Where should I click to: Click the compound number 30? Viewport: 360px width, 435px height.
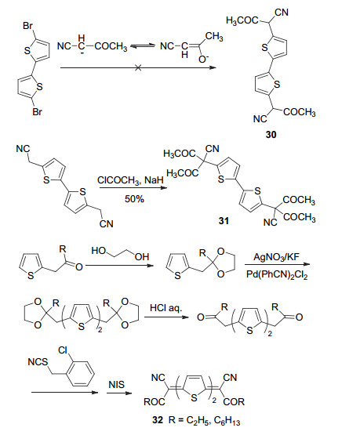click(x=271, y=135)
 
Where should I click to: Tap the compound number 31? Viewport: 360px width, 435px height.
click(x=224, y=221)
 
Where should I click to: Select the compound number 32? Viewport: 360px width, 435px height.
click(x=158, y=420)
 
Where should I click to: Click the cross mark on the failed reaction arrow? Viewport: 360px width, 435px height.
click(x=138, y=67)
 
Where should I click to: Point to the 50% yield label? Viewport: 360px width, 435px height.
click(x=134, y=198)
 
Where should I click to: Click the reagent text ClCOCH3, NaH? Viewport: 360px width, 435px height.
click(x=130, y=180)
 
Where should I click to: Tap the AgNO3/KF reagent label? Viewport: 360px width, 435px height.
click(x=276, y=256)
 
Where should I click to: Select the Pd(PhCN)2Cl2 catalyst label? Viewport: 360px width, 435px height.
click(x=277, y=274)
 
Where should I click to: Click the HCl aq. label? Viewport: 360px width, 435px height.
click(x=165, y=308)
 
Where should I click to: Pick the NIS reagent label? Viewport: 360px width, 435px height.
click(x=117, y=385)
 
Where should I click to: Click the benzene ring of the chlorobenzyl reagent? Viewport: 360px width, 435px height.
click(x=80, y=373)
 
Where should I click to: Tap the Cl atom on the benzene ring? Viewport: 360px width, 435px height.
click(x=63, y=350)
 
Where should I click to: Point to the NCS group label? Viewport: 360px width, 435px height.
click(x=38, y=362)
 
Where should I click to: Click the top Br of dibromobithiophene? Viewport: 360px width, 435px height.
click(x=28, y=26)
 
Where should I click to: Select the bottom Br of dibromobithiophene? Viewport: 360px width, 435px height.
click(x=38, y=112)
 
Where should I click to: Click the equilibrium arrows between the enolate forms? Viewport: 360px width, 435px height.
click(x=143, y=46)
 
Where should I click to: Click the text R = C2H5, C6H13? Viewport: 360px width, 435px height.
click(x=204, y=421)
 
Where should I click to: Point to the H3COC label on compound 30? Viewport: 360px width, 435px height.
click(x=242, y=21)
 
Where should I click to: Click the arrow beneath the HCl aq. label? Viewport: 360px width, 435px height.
click(x=166, y=317)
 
